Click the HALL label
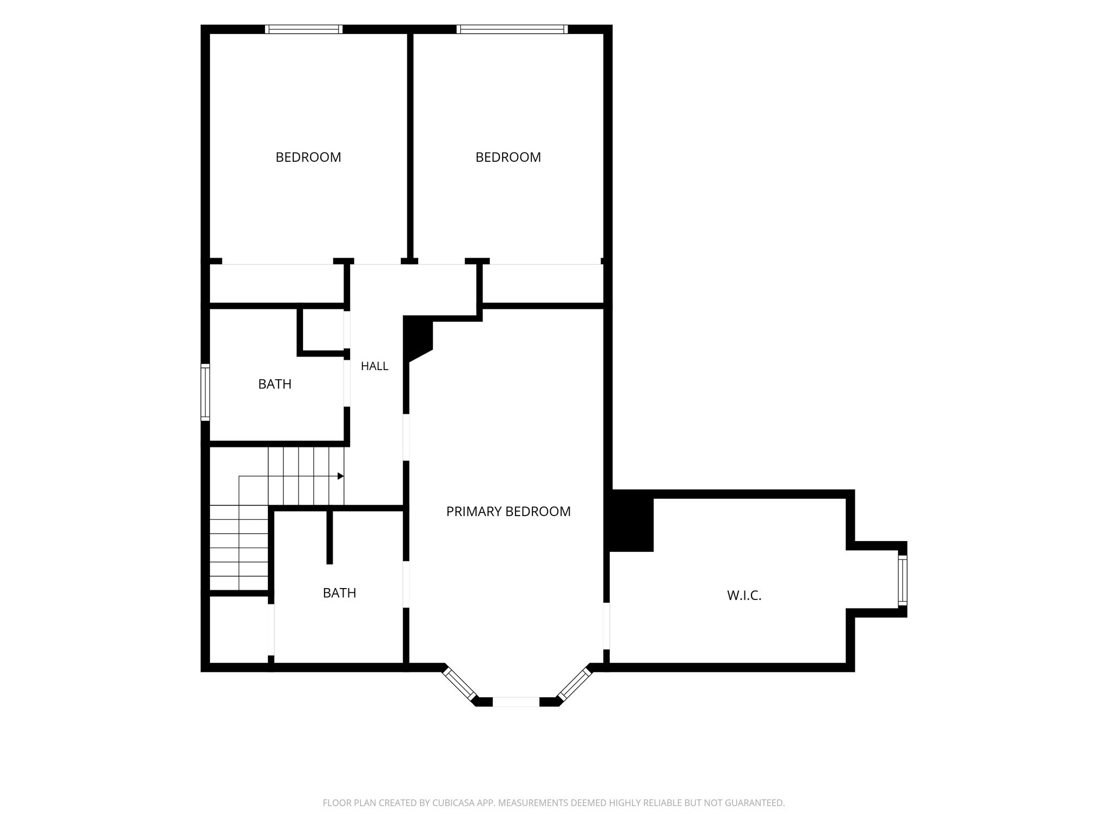pyautogui.click(x=374, y=366)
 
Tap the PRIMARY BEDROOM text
pyautogui.click(x=508, y=511)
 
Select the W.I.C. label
pyautogui.click(x=744, y=596)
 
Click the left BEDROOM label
pyautogui.click(x=308, y=157)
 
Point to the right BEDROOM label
pyautogui.click(x=508, y=157)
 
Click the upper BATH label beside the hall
pyautogui.click(x=275, y=384)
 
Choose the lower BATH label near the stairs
pyautogui.click(x=339, y=593)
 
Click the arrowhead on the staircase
pyautogui.click(x=341, y=476)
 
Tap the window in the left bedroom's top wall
pyautogui.click(x=304, y=29)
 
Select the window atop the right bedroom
pyautogui.click(x=512, y=29)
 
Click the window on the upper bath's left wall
pyautogui.click(x=205, y=392)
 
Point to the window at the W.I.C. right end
pyautogui.click(x=902, y=581)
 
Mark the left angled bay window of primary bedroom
pyautogui.click(x=460, y=684)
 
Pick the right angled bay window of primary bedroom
pyautogui.click(x=575, y=683)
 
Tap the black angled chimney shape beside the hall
pyautogui.click(x=418, y=338)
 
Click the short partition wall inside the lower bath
pyautogui.click(x=329, y=537)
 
